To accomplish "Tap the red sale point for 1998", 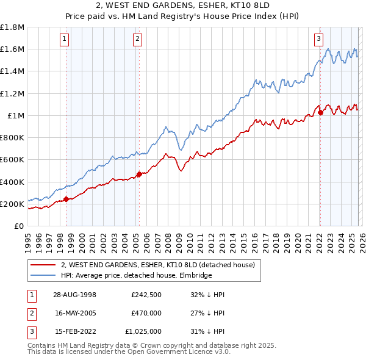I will [x=66, y=198].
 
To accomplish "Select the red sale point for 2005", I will [x=139, y=174].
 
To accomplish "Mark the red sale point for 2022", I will [x=320, y=112].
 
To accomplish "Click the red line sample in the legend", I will [x=43, y=265].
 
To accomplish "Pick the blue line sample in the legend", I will [x=43, y=275].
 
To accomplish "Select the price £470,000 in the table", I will [x=146, y=313].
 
